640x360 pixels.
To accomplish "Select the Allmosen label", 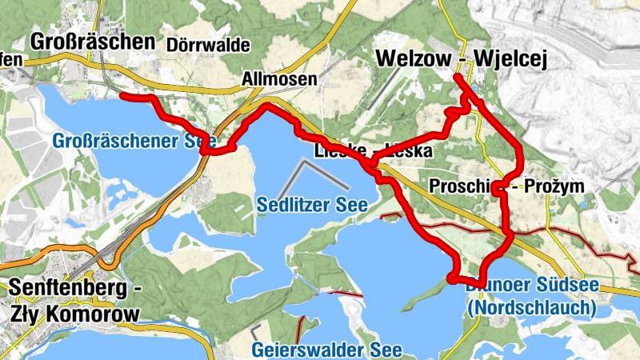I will click(279, 79).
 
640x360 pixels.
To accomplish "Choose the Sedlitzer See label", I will click(312, 205).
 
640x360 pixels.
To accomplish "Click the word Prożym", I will click(554, 186).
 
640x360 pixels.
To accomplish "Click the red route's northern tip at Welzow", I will click(455, 77).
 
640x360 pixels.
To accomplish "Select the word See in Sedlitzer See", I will click(351, 205).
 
